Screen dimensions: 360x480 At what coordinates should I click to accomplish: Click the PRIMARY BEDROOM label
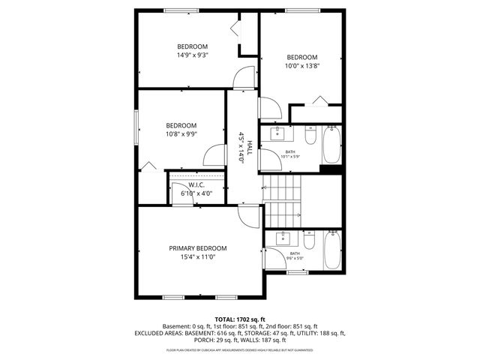(197, 248)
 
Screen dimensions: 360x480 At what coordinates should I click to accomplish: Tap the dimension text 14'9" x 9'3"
(192, 55)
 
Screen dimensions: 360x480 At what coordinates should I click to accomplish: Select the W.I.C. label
(196, 184)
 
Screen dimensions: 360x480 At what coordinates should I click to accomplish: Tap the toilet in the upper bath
(310, 136)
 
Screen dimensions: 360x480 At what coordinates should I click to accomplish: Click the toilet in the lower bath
(310, 241)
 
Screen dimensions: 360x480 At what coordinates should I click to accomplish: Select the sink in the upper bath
(279, 134)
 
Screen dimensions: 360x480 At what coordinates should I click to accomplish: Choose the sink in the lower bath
(282, 238)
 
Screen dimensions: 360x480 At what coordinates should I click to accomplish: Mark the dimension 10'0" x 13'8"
(302, 67)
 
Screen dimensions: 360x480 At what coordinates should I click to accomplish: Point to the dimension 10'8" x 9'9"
(181, 134)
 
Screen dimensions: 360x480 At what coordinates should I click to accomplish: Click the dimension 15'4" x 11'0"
(197, 257)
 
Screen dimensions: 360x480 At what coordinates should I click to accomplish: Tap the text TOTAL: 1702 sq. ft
(239, 319)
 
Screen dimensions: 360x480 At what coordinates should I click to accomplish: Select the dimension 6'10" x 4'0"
(196, 193)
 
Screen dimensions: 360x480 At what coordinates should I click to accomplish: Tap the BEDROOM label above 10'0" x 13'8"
(302, 58)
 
